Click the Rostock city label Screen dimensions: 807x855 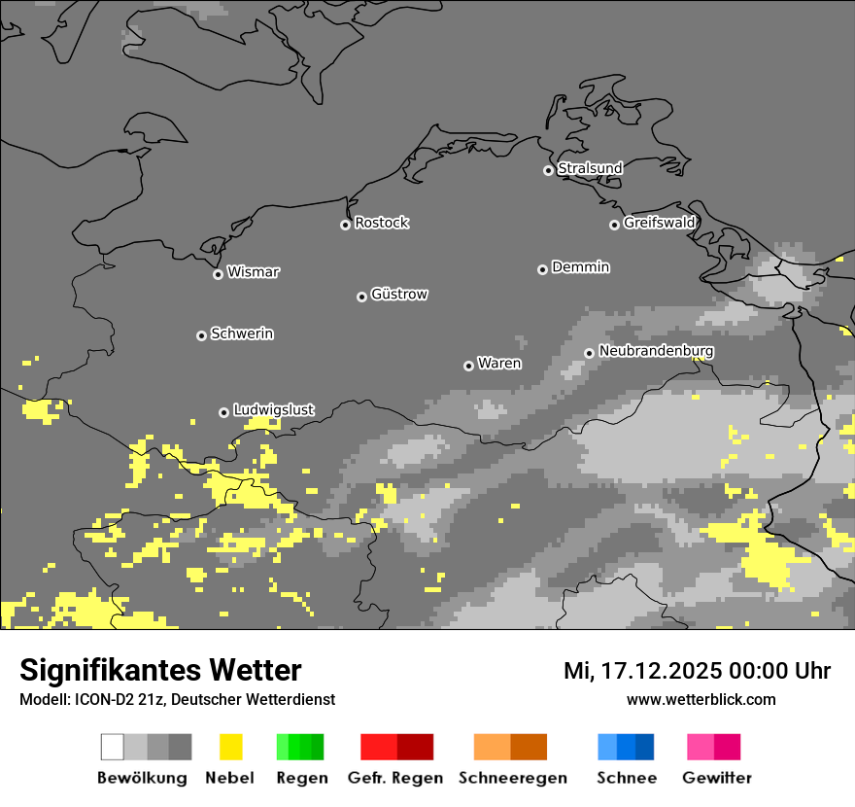(x=382, y=223)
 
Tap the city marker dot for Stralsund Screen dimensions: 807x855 (x=548, y=170)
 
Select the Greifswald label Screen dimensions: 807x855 (x=660, y=223)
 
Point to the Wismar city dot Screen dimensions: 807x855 (x=218, y=274)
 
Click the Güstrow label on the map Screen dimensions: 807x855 (x=399, y=294)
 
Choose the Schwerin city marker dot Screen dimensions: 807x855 (x=201, y=335)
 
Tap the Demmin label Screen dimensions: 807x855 (x=581, y=266)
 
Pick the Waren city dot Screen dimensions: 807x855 (x=468, y=366)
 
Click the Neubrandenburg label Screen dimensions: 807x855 (x=657, y=351)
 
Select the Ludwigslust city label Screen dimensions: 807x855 (x=274, y=410)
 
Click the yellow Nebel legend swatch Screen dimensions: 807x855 (x=230, y=747)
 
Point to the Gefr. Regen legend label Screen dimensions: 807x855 (x=395, y=778)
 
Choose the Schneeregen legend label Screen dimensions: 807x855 (x=513, y=778)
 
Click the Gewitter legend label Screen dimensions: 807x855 (x=717, y=778)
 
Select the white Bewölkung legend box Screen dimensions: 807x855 (x=113, y=747)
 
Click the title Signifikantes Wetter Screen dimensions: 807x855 (x=160, y=670)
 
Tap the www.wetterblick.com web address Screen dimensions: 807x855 (x=701, y=699)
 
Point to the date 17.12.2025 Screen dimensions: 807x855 (x=653, y=671)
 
